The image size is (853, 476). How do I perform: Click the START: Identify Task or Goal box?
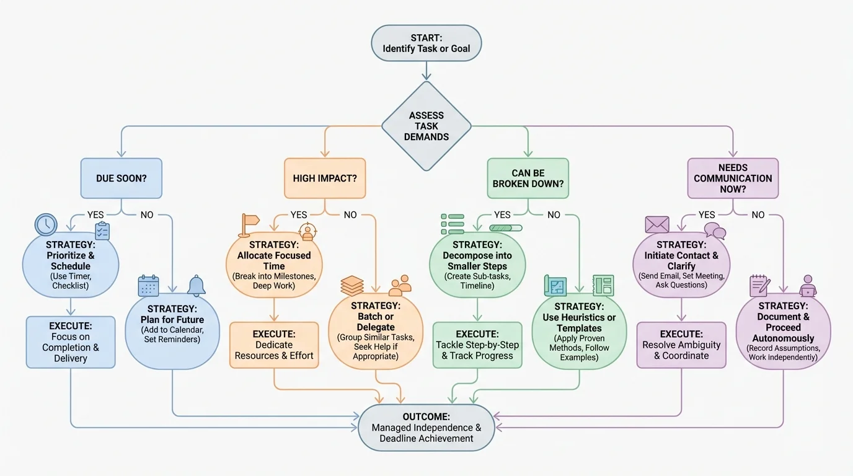pyautogui.click(x=426, y=43)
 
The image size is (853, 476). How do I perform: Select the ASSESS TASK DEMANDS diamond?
pyautogui.click(x=426, y=126)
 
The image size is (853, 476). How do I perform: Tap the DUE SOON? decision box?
pyautogui.click(x=121, y=178)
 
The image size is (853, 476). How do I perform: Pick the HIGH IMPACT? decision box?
pyautogui.click(x=324, y=178)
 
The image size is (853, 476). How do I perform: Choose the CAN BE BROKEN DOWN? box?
pyautogui.click(x=528, y=178)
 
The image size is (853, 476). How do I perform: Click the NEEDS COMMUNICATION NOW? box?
pyautogui.click(x=733, y=178)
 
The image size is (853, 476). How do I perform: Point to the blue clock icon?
pyautogui.click(x=46, y=224)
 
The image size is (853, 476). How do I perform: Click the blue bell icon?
pyautogui.click(x=196, y=286)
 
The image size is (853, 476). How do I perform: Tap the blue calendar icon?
pyautogui.click(x=149, y=286)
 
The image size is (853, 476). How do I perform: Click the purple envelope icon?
pyautogui.click(x=656, y=224)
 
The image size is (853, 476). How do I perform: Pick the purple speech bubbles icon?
pyautogui.click(x=715, y=231)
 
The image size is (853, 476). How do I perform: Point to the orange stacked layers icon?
pyautogui.click(x=352, y=286)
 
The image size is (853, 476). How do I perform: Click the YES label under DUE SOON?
pyautogui.click(x=95, y=214)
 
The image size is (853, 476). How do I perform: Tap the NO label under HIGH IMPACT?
pyautogui.click(x=350, y=214)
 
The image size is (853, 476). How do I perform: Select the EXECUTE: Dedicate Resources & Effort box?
pyautogui.click(x=274, y=345)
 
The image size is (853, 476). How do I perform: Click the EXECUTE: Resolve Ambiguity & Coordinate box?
pyautogui.click(x=681, y=345)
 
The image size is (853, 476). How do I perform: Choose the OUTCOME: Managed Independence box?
pyautogui.click(x=426, y=427)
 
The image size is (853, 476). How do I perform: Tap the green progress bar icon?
pyautogui.click(x=505, y=228)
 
